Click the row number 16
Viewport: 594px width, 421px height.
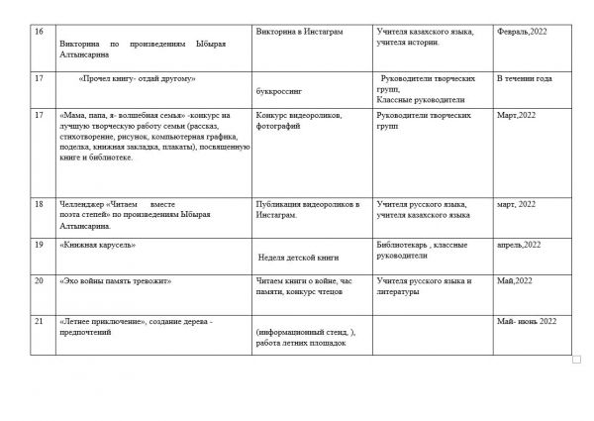(39, 33)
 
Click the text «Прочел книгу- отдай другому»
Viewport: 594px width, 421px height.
(133, 77)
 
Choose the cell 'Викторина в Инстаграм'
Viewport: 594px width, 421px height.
(299, 33)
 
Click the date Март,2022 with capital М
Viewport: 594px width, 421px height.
(516, 116)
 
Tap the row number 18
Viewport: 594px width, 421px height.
(39, 204)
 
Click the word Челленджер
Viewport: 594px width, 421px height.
(85, 204)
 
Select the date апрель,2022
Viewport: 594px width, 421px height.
(519, 244)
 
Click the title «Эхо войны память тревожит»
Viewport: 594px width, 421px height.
(116, 281)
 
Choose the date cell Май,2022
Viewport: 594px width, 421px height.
(514, 281)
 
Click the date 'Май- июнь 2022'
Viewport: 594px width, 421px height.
(528, 321)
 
